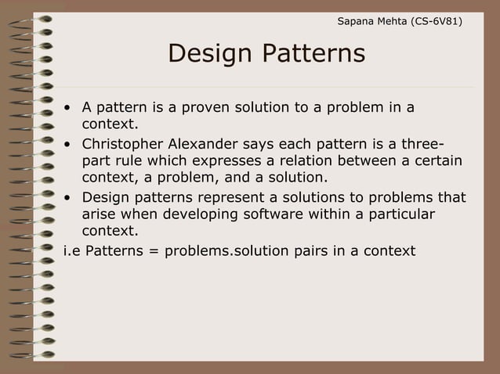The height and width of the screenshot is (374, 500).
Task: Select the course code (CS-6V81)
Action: click(433, 20)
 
